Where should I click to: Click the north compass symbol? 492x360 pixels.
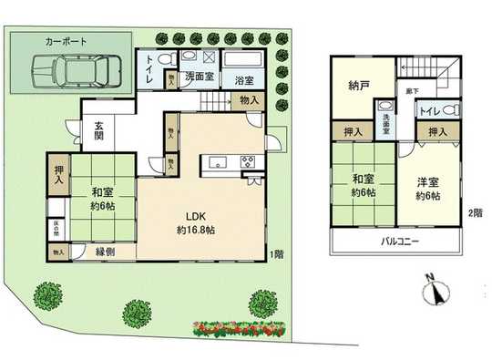[x=436, y=291]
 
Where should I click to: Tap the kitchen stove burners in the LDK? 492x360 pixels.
[x=246, y=161]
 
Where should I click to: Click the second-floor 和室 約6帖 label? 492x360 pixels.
[x=359, y=187]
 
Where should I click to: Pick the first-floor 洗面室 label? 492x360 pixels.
[x=200, y=77]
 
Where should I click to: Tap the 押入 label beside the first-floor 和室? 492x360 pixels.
[x=58, y=174]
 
